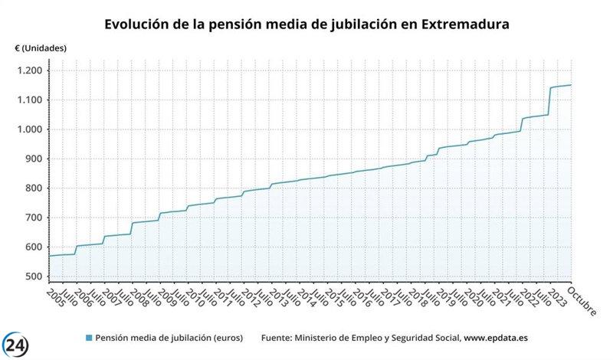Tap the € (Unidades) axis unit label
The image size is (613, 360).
(x=41, y=48)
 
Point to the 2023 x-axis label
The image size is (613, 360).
(x=556, y=296)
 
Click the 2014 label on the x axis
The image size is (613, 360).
(x=305, y=296)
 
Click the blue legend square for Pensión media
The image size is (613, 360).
(x=88, y=338)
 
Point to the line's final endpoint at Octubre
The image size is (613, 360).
(x=571, y=85)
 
